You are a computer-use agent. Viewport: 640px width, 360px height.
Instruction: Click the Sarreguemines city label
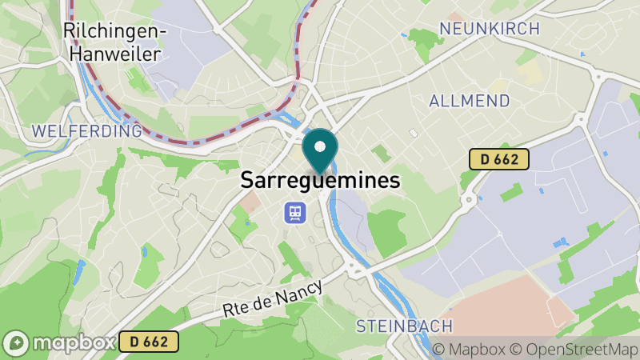tap(320, 181)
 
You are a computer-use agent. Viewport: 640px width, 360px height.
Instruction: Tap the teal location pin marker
tap(320, 151)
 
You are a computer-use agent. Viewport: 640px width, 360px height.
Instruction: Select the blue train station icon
tap(295, 212)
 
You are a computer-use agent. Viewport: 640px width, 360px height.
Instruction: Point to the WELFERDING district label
tap(86, 130)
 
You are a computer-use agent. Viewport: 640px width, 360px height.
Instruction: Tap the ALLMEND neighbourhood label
tap(470, 101)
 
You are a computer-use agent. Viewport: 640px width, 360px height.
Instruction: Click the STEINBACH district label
tap(404, 326)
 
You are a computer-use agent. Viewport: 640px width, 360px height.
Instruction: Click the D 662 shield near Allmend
tap(498, 160)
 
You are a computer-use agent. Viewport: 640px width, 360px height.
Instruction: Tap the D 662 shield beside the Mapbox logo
tap(149, 342)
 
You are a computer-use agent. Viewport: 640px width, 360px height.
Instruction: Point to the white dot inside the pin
tap(320, 146)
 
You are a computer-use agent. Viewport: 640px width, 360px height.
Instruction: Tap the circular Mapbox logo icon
tap(16, 342)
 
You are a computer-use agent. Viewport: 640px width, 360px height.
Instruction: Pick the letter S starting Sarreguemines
tap(248, 181)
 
